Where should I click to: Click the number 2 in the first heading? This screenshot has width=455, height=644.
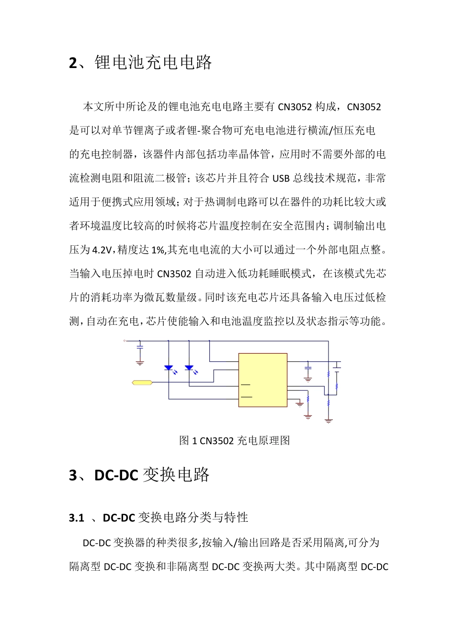tap(73, 63)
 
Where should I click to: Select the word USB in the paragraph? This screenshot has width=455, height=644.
tap(281, 179)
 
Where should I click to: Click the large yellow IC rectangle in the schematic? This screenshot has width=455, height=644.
tap(263, 380)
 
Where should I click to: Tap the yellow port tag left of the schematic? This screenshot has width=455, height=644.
tap(142, 382)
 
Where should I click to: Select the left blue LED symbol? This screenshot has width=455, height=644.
tap(169, 368)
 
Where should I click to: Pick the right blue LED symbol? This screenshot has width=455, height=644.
tap(189, 368)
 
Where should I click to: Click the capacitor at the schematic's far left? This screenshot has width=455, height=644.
tap(140, 346)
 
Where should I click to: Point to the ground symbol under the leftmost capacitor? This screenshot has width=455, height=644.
tap(140, 363)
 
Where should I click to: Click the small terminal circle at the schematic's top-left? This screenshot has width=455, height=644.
tap(125, 341)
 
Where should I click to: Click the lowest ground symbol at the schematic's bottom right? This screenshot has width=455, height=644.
tap(328, 420)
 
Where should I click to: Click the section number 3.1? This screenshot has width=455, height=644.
tap(77, 518)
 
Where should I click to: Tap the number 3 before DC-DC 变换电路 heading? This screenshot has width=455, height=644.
tap(73, 475)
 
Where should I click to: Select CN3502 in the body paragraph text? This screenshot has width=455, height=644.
tap(174, 274)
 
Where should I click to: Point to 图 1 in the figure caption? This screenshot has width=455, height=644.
tap(187, 441)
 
